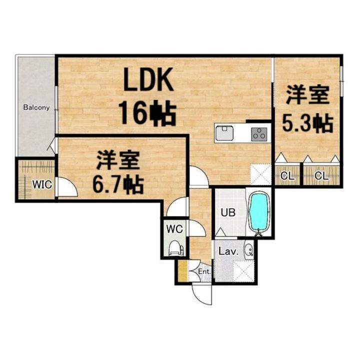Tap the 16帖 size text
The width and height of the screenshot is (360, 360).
click(147, 113)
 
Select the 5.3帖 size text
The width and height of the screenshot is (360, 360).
click(307, 122)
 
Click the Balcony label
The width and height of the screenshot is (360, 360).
click(36, 107)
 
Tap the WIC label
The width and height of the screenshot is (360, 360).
click(42, 184)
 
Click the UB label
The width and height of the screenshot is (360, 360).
click(228, 212)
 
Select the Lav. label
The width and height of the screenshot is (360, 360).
click(227, 251)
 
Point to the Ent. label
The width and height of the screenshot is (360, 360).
click(204, 271)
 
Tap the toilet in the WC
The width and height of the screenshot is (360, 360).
click(175, 248)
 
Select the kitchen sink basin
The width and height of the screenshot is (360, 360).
click(224, 133)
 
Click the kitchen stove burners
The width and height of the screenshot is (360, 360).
click(259, 133)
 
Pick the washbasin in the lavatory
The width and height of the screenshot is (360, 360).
click(248, 250)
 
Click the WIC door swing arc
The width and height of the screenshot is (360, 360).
click(67, 187)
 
